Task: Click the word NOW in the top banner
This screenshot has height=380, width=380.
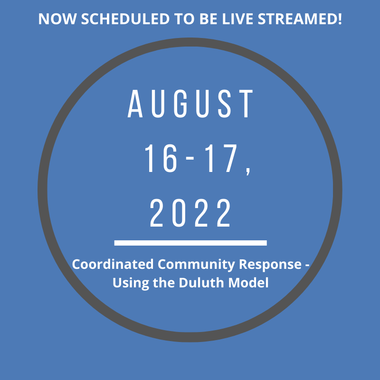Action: coord(57,19)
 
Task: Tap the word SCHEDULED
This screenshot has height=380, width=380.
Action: coord(125,19)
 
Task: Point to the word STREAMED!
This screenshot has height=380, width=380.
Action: coord(300,19)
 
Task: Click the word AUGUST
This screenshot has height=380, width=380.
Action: coord(190,104)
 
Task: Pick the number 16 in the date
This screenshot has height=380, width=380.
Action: coord(161,158)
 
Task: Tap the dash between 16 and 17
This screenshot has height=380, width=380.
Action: coord(190,158)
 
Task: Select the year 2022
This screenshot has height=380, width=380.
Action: coord(190,213)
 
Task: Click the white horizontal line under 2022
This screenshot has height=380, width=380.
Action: coord(190,243)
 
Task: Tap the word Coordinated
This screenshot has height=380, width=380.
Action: coord(113,264)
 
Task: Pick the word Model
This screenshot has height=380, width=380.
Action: coord(248,283)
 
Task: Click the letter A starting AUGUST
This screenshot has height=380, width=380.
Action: coord(135,104)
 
